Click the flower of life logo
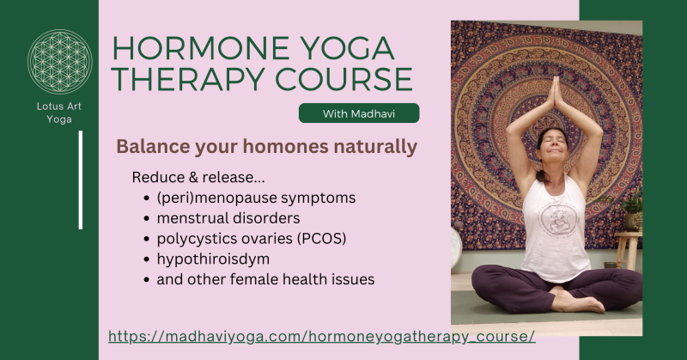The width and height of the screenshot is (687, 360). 59,62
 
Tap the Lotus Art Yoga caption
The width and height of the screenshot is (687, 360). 59,112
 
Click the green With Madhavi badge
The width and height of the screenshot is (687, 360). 359,113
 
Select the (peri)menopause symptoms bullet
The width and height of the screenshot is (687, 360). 256,198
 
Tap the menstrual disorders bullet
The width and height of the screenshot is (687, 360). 228,218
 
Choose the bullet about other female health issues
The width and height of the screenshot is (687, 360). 265,279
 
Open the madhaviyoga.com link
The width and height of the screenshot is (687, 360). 322,336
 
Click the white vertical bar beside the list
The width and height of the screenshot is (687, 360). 81,180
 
